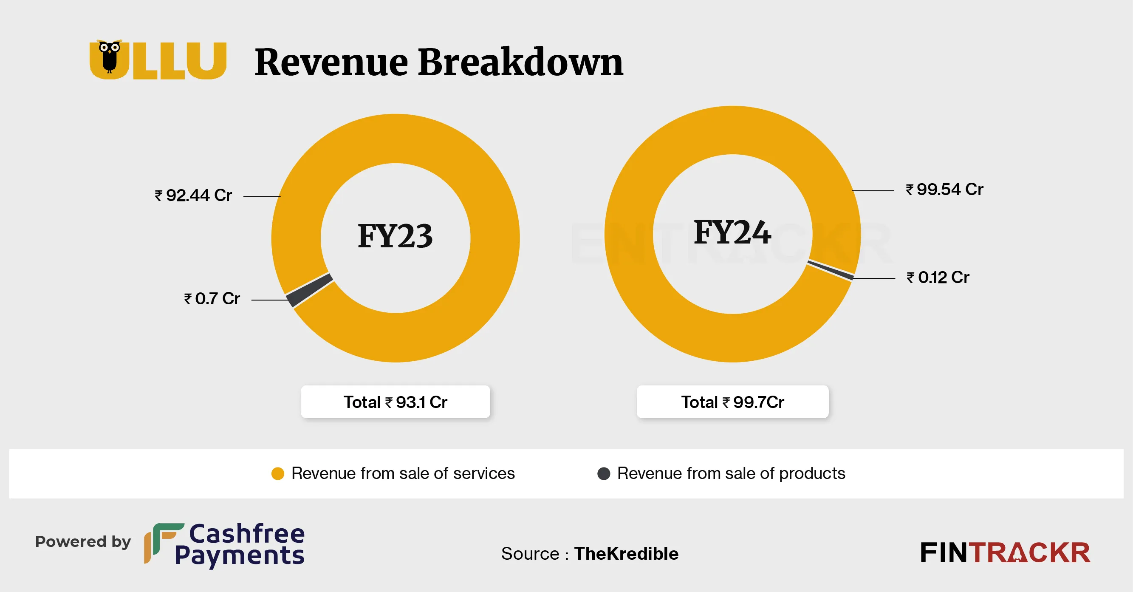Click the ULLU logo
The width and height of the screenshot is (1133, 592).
coord(158,60)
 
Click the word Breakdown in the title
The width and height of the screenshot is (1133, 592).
coord(520,63)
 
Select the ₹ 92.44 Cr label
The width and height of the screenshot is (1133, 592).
coord(193,195)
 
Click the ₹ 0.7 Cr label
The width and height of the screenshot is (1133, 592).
coord(212,299)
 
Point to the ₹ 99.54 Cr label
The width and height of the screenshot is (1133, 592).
coord(944,190)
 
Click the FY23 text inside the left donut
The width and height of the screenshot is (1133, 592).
coord(395,236)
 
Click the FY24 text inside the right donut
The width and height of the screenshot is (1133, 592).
coord(732,232)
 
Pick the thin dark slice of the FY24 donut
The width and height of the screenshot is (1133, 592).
coord(831,270)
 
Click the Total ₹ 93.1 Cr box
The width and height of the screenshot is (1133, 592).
coord(395,402)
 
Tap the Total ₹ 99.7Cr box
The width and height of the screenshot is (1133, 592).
coord(732,402)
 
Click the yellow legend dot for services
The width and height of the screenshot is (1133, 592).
coord(277,473)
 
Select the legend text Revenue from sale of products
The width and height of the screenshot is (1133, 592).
coord(731,473)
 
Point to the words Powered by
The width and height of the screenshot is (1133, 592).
coord(83,542)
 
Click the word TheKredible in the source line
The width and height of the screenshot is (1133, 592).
coord(626,554)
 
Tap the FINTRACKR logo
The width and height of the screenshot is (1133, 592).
coord(1005,553)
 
